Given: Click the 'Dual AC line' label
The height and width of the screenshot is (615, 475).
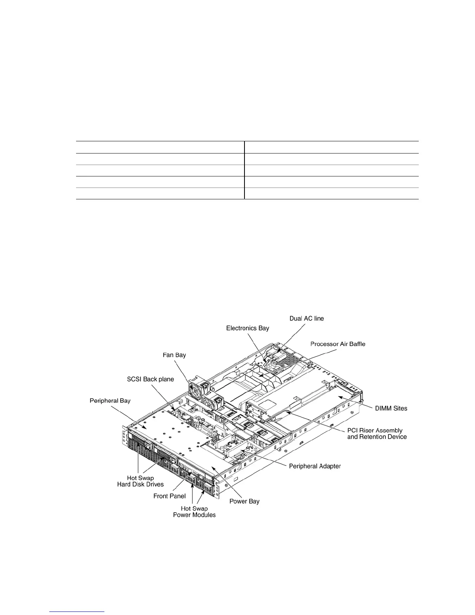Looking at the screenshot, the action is tap(307, 318).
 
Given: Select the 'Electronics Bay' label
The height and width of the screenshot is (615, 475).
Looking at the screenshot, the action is tap(248, 328).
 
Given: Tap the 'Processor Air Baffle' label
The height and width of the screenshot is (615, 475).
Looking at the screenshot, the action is tap(338, 344).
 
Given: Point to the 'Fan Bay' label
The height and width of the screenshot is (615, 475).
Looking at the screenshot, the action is tap(174, 355).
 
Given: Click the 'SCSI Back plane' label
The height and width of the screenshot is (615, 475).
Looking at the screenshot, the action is tap(151, 379).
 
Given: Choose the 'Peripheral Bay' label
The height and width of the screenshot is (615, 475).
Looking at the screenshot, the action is tap(110, 400).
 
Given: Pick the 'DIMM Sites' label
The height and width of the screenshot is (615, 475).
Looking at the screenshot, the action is tap(391, 408).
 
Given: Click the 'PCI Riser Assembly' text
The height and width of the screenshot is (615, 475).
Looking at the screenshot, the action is tap(374, 430).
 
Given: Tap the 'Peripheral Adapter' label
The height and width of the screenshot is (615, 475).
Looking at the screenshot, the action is tap(315, 466).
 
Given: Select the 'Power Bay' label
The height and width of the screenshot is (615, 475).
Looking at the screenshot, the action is tap(244, 501).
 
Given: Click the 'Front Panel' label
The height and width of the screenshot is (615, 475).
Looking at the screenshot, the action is tap(170, 496).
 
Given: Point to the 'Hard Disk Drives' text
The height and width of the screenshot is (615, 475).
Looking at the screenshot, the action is tap(140, 484).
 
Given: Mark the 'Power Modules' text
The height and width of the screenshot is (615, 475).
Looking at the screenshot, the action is tap(194, 515).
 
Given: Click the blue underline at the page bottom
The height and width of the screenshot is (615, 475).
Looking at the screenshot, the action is tap(77, 612).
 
